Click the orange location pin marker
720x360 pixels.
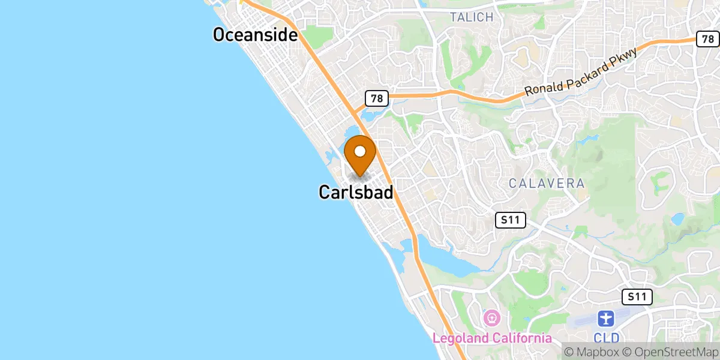click(x=360, y=155)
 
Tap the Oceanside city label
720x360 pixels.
click(x=256, y=35)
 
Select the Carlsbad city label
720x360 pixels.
click(x=356, y=193)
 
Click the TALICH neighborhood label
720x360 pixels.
click(x=472, y=17)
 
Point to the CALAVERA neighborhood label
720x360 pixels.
click(x=547, y=184)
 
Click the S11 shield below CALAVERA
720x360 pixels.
click(x=511, y=220)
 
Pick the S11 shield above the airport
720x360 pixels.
click(x=637, y=296)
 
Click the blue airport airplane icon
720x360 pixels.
click(x=607, y=319)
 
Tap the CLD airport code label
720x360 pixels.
click(x=607, y=338)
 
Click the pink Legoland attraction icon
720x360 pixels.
click(x=491, y=317)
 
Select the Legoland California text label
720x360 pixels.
click(x=492, y=338)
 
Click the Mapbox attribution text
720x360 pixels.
click(x=589, y=352)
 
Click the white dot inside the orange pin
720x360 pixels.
click(x=360, y=151)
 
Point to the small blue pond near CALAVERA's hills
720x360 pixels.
click(x=678, y=218)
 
